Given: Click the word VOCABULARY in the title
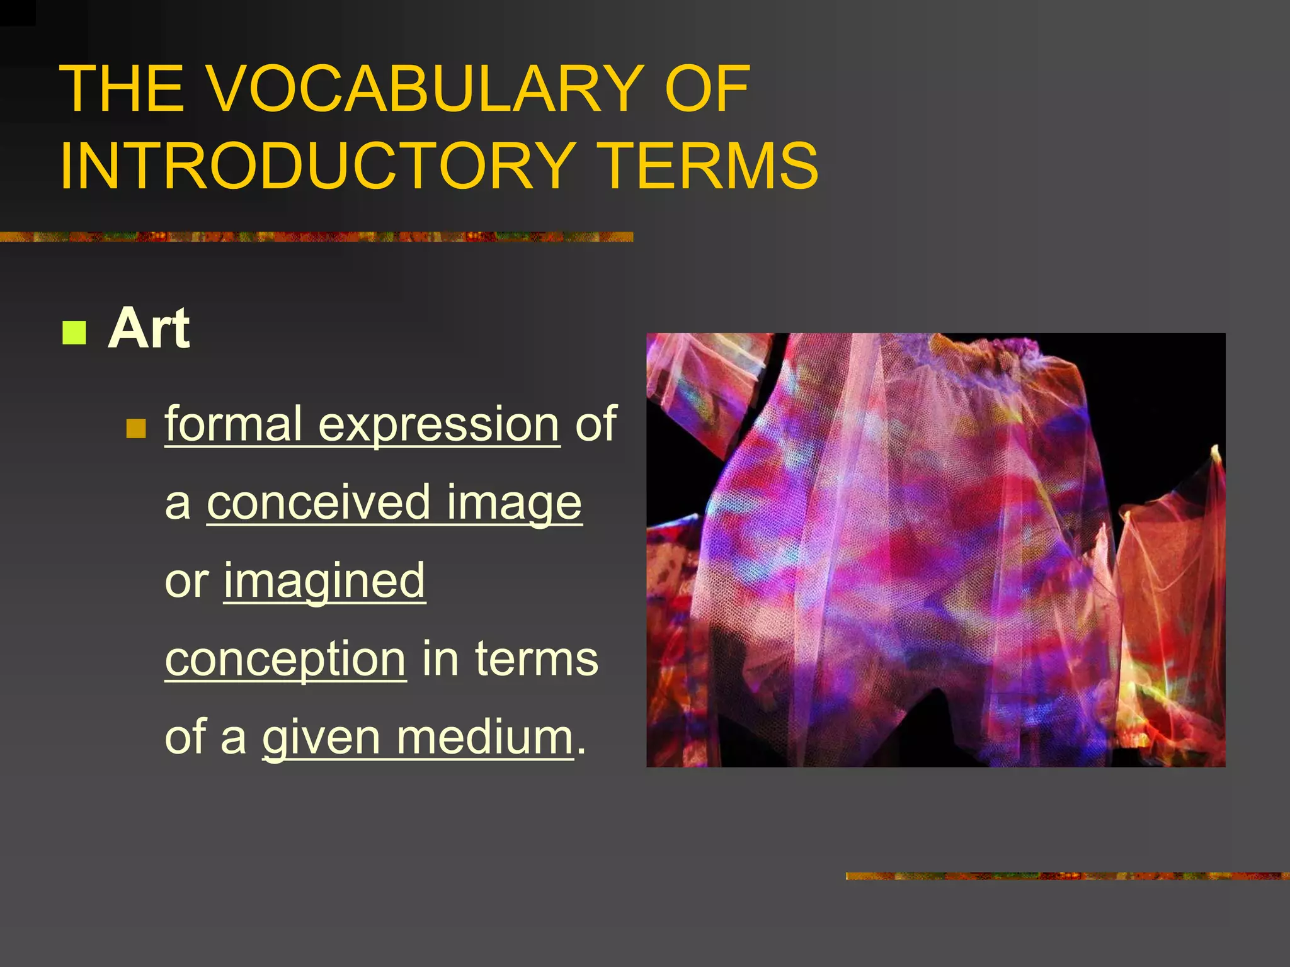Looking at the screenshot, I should [x=426, y=89].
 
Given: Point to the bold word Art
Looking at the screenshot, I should [x=149, y=329].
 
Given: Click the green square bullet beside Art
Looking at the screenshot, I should [x=74, y=332].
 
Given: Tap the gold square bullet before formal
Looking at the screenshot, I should [x=136, y=429].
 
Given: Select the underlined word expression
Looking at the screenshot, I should [x=438, y=424].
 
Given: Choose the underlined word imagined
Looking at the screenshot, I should [x=324, y=582].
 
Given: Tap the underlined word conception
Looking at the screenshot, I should [x=285, y=660].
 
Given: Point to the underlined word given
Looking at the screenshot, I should [x=321, y=738].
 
